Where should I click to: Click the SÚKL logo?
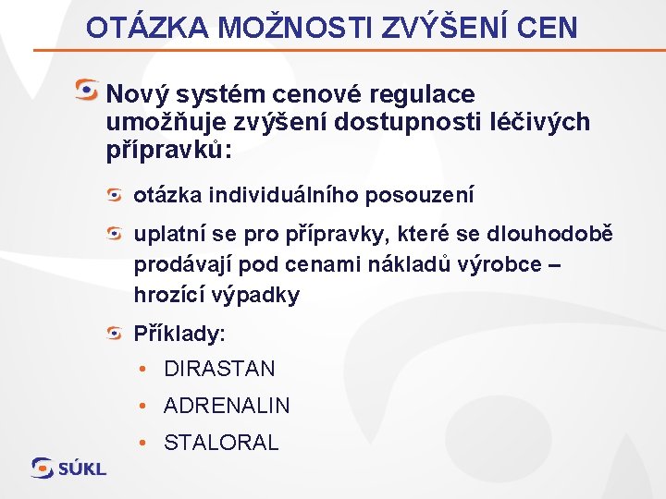[x=68, y=468]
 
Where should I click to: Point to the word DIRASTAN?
[x=219, y=369]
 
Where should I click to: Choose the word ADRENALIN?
[x=227, y=406]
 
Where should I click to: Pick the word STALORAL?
[x=221, y=443]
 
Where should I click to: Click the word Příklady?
[x=179, y=333]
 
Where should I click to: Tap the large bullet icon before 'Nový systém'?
[x=87, y=91]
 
